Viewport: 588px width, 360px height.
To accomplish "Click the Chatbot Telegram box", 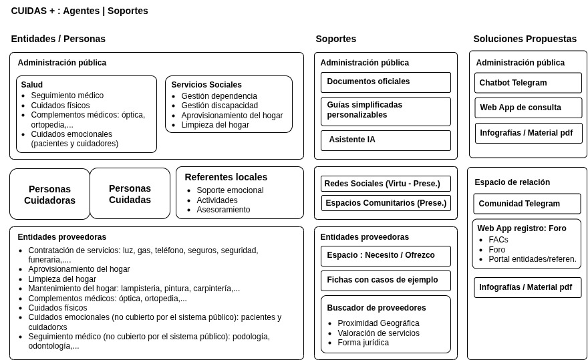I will [528, 83].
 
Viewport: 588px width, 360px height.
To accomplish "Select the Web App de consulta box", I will [528, 108].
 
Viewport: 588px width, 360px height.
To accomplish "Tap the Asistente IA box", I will [386, 140].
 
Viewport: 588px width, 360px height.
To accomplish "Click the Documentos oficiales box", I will [386, 82].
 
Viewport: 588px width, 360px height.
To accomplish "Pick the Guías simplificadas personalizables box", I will [386, 111].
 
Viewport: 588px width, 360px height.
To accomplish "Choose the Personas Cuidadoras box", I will [49, 194].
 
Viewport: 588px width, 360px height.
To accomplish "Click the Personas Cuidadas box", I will [130, 194].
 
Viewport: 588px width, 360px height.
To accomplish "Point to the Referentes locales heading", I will [226, 177].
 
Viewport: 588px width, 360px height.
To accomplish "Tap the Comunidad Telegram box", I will [527, 204].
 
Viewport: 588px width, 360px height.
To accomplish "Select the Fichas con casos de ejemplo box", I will [386, 281].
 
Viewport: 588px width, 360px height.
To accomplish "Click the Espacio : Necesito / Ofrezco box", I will [386, 256].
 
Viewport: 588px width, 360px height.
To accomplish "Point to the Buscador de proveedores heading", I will [376, 308].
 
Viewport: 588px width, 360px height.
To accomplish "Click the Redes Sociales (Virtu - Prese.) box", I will [386, 184].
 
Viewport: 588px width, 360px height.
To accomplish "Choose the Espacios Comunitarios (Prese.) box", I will [386, 203].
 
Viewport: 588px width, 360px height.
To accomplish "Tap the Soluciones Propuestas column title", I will [525, 39].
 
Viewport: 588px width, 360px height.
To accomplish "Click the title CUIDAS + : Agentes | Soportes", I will [80, 11].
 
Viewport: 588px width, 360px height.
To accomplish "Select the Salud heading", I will [31, 85].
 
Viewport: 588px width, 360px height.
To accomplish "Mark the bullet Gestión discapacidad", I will [219, 106].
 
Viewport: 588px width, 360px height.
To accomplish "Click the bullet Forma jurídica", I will [363, 343].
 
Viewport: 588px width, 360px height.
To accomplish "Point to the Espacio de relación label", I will [512, 182].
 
